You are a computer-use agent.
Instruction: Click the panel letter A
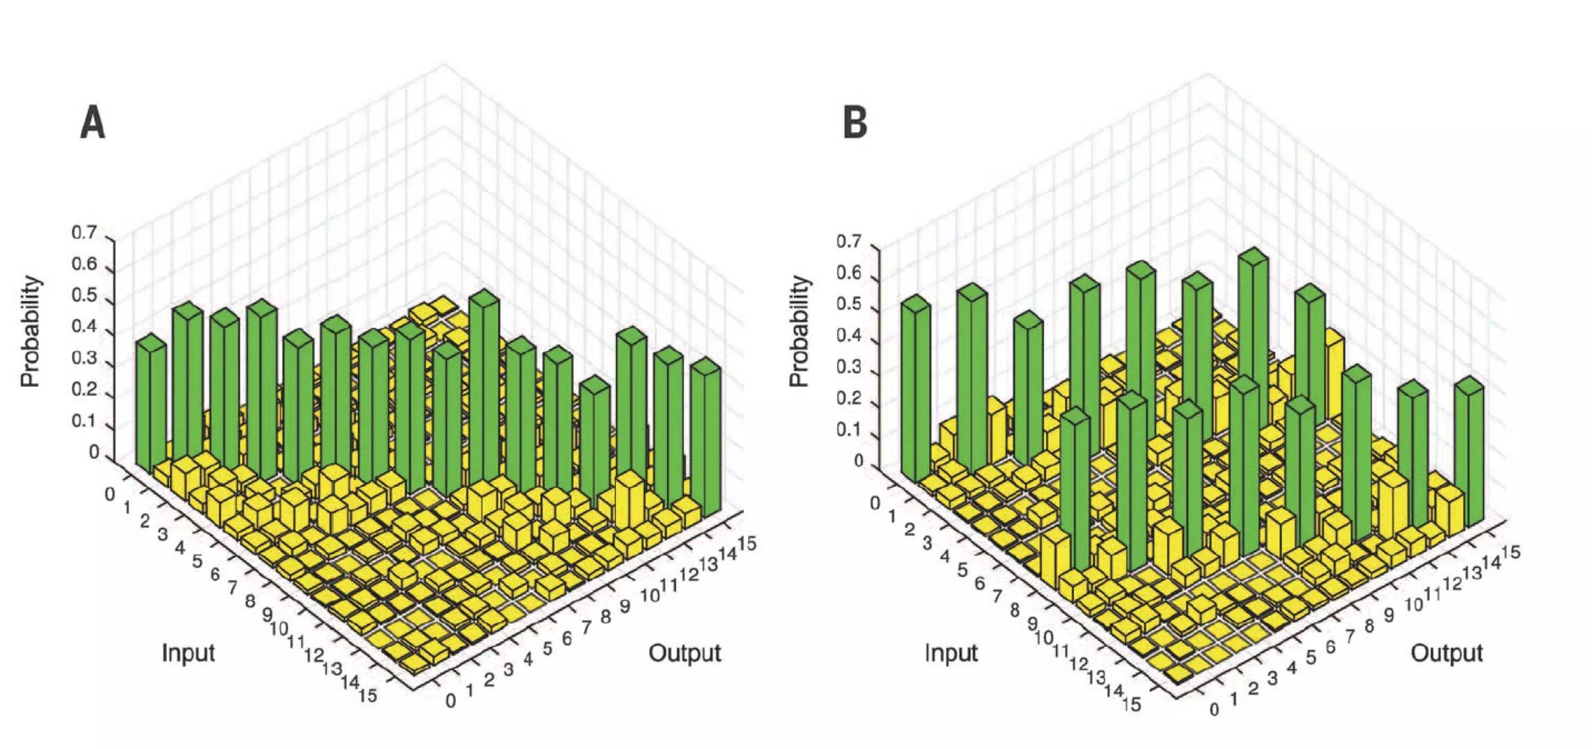coord(93,122)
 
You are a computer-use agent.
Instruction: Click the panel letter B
coord(855,122)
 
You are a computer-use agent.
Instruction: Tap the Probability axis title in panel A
coord(31,332)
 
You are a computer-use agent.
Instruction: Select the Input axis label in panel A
coord(188,652)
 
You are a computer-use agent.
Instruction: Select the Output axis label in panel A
coord(684,652)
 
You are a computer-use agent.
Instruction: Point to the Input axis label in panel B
coord(951,652)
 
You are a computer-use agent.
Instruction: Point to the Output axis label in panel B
coord(1446,652)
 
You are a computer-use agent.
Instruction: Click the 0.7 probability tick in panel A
coord(84,233)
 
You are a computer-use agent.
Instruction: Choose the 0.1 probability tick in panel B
coord(849,430)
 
